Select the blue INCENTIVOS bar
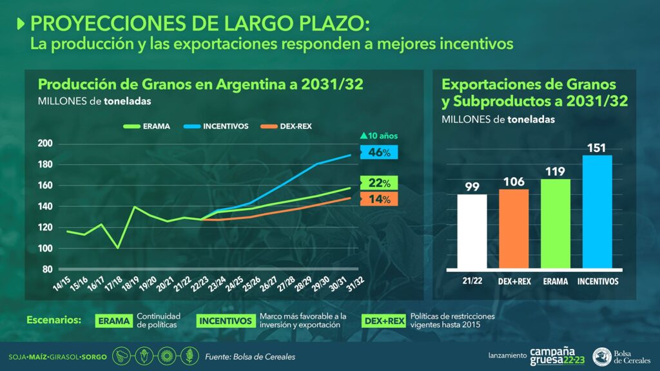pyautogui.click(x=597, y=212)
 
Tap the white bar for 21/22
pyautogui.click(x=472, y=231)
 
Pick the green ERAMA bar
pyautogui.click(x=556, y=224)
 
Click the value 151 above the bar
pyautogui.click(x=597, y=147)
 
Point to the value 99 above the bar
pyautogui.click(x=472, y=187)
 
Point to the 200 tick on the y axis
pyautogui.click(x=46, y=144)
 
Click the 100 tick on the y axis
pyautogui.click(x=46, y=249)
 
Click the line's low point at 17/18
pyautogui.click(x=117, y=247)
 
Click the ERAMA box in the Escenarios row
pyautogui.click(x=114, y=321)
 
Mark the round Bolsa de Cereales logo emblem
pyautogui.click(x=603, y=356)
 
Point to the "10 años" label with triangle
pyautogui.click(x=380, y=136)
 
